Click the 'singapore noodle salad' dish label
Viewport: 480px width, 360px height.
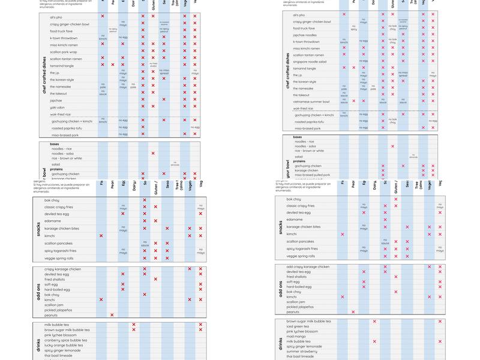(309, 62)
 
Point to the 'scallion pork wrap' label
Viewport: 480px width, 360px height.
(64, 52)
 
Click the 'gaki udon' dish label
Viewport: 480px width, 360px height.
(57, 107)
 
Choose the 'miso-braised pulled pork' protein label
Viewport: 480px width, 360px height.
(311, 175)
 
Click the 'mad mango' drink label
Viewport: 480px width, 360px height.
(295, 337)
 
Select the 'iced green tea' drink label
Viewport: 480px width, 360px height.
(298, 326)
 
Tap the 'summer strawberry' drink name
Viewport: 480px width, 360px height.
(301, 352)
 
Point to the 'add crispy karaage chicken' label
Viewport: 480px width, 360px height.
(308, 266)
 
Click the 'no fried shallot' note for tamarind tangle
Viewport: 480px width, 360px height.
(153, 65)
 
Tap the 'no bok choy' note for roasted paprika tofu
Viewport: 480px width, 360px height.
(392, 121)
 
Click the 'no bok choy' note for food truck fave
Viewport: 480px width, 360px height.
(392, 27)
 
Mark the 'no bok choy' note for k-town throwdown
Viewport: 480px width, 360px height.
(392, 42)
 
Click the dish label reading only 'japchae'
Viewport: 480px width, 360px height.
(56, 101)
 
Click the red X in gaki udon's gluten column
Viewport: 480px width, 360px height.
(153, 107)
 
